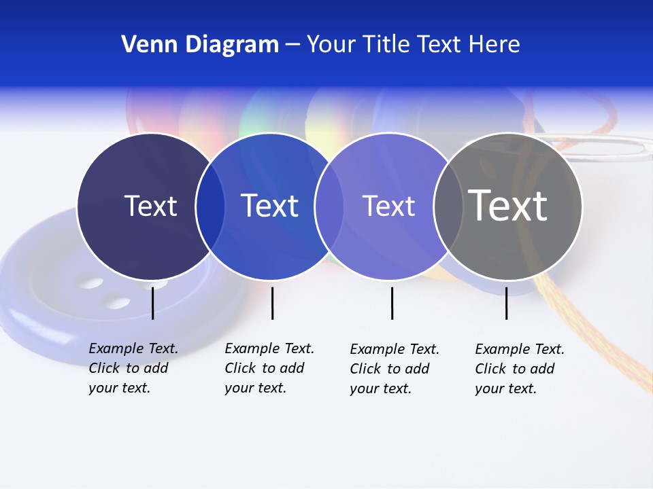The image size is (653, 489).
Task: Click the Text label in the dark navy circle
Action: coord(150,206)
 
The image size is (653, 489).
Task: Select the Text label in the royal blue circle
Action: coord(269,206)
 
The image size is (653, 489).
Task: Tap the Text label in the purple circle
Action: coord(388,206)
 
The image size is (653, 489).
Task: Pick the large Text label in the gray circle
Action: coord(507,206)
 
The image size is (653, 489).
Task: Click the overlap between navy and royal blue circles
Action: coord(210,206)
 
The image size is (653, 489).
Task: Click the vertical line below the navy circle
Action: coord(152,303)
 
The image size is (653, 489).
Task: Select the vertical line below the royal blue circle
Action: coord(272,303)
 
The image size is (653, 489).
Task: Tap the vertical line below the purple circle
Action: coord(392,303)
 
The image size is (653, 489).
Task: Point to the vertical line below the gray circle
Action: coord(506,303)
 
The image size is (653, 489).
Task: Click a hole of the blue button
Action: coord(118,301)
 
